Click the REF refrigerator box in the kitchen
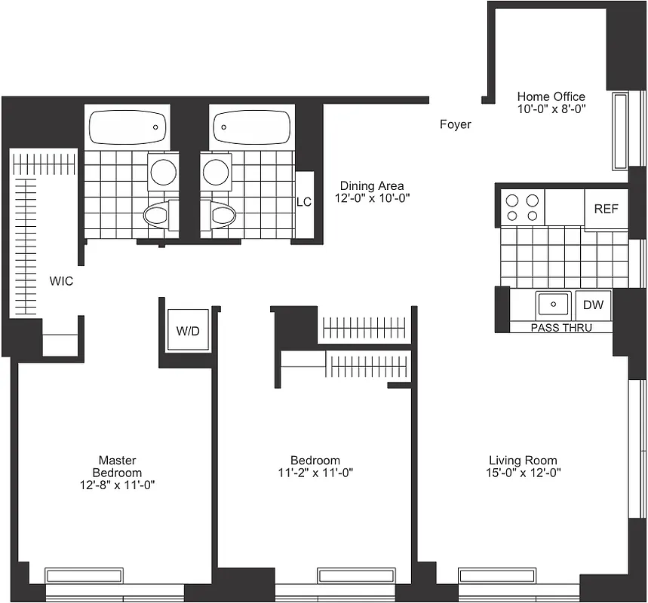(606, 209)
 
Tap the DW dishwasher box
(593, 305)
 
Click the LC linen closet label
(303, 202)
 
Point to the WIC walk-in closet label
(61, 281)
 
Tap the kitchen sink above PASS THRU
(554, 305)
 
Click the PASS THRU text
(561, 328)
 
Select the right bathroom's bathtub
(251, 127)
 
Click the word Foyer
(455, 124)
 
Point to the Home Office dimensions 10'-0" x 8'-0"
(551, 109)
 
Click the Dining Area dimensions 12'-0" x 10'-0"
(371, 198)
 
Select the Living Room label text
(523, 461)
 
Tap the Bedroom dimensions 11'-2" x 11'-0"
(315, 473)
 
